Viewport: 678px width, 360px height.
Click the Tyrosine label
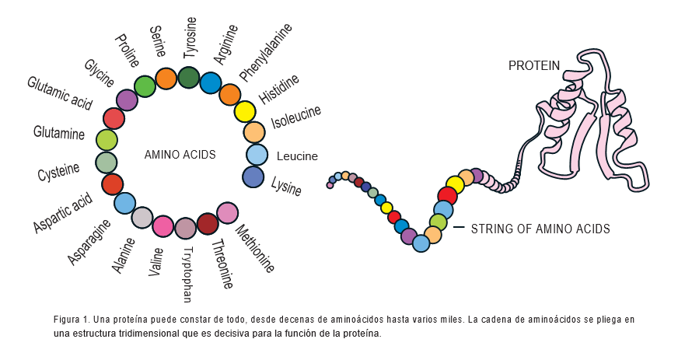190,37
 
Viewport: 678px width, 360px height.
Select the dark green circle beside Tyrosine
189,78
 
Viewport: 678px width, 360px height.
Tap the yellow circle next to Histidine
245,112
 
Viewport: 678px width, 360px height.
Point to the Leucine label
297,156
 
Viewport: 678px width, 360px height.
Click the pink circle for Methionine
227,212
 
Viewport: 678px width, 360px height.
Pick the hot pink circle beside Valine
163,226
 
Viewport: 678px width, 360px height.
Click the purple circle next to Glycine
127,100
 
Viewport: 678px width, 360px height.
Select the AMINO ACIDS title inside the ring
180,155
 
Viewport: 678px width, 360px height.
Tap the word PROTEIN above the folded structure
534,66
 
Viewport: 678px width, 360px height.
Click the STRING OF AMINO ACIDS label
540,229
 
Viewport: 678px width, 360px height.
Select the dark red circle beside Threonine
208,224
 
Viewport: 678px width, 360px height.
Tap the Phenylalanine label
265,52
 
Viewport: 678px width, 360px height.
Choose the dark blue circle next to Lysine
253,177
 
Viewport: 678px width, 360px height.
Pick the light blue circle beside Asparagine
124,203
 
